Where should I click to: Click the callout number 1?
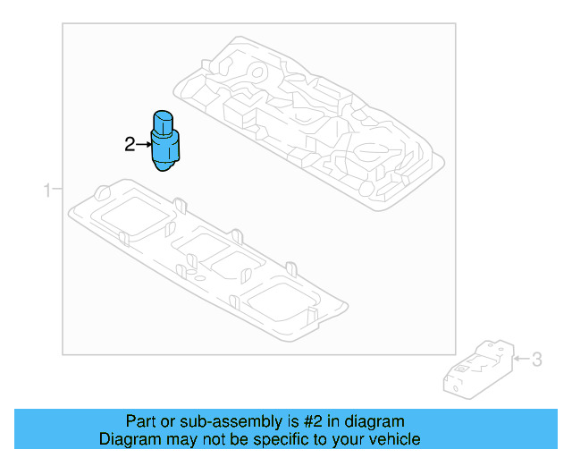coord(47,189)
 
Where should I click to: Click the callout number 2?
coord(130,143)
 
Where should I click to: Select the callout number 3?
coord(536,360)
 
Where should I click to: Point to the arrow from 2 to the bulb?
coord(143,143)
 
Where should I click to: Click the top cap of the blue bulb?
coord(164,118)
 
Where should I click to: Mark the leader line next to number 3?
coord(520,360)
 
